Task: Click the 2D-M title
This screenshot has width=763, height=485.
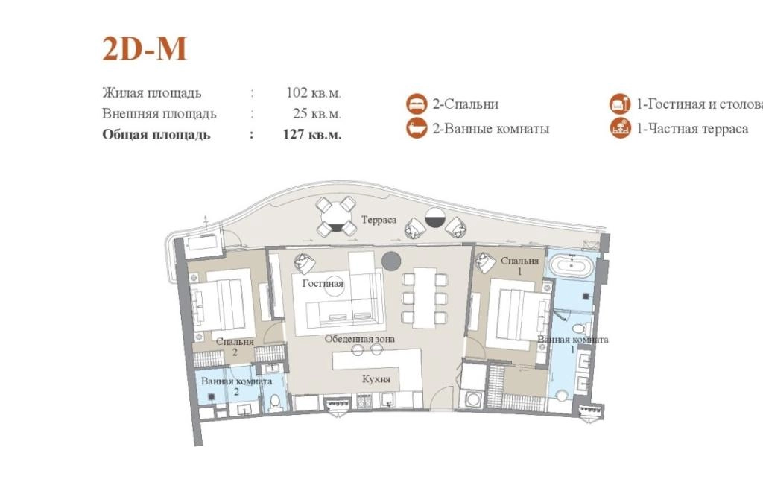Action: (x=145, y=48)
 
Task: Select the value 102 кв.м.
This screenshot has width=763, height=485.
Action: (x=314, y=92)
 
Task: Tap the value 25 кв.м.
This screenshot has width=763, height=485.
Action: (x=317, y=113)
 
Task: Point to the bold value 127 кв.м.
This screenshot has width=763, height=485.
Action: (x=312, y=134)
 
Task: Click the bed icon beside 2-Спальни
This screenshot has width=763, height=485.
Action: (x=417, y=104)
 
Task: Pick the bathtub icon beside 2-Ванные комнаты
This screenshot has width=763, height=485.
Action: (x=417, y=128)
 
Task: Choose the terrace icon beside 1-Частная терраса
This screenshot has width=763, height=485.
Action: (x=621, y=128)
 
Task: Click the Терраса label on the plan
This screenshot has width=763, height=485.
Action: (x=379, y=220)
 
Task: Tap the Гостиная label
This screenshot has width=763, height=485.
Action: (x=323, y=283)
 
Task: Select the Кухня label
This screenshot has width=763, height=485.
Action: (x=376, y=379)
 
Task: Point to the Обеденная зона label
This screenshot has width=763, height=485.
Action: (x=360, y=339)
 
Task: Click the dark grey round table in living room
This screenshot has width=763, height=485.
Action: (x=391, y=261)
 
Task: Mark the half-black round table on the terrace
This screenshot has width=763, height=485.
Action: (x=435, y=218)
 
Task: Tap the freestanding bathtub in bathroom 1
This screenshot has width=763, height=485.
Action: (x=572, y=266)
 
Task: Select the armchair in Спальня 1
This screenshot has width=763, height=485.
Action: (x=485, y=263)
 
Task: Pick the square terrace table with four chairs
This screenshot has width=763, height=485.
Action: (x=336, y=217)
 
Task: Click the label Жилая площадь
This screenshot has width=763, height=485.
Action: (x=152, y=92)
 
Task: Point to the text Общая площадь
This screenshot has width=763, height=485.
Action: (x=156, y=134)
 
